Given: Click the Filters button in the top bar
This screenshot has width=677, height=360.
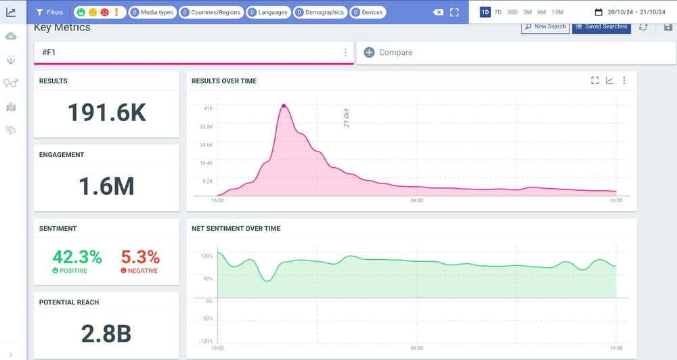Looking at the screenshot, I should point(49,12).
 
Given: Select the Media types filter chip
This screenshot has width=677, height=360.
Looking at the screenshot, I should point(152,12).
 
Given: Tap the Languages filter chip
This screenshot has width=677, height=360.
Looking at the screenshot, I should point(268,12).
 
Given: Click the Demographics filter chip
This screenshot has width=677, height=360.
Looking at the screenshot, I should point(320,12).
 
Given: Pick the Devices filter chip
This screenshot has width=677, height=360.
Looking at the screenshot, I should point(368,12).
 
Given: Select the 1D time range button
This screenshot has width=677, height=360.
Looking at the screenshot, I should point(485,12).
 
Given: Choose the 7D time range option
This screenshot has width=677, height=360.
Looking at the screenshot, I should point(498,12).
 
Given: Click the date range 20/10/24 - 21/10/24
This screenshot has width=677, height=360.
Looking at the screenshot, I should point(629,12).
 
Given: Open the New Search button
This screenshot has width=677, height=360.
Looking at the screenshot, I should point(544,26).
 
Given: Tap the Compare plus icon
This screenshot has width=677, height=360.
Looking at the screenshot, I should point(369,52).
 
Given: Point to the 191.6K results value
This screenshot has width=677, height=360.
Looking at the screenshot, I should point(106,112).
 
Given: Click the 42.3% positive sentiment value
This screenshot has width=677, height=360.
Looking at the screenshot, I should point(77,257).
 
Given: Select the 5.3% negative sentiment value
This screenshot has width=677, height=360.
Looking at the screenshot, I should point(140,257).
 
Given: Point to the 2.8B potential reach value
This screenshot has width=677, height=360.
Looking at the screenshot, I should point(106,334).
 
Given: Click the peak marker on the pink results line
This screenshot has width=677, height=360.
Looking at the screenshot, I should point(284,106).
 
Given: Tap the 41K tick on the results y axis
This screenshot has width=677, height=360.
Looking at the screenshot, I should point(208,108).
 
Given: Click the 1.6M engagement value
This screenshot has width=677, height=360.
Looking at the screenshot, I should point(106,186).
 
